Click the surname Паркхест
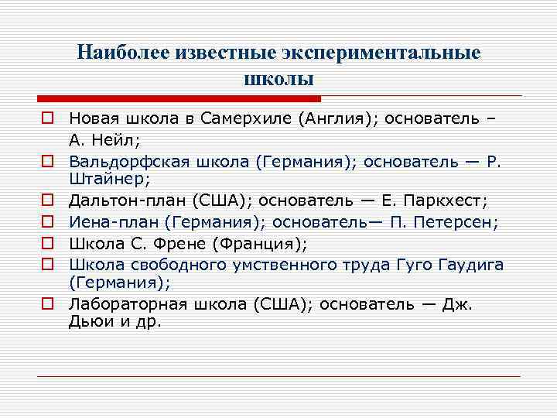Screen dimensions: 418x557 click(446, 200)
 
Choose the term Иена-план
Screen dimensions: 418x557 click(108, 222)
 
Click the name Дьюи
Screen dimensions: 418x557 click(88, 321)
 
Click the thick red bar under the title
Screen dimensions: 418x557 click(179, 99)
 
